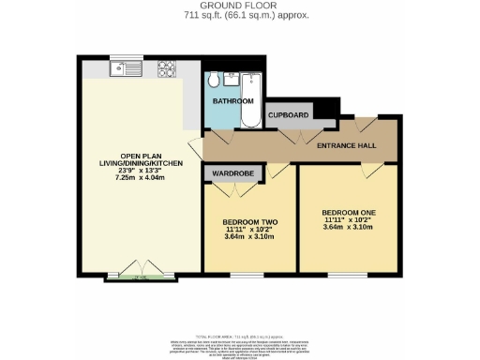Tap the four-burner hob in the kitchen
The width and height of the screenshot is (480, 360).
coord(167,68)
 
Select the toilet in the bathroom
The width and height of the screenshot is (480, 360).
coord(214,79)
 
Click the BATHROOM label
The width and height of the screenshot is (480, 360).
coord(232,100)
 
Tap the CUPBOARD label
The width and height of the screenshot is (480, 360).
coord(289,114)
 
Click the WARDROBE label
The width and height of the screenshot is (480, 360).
coord(228,172)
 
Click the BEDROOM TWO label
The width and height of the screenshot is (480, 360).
coord(250,221)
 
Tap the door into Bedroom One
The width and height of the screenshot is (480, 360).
coord(374,170)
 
